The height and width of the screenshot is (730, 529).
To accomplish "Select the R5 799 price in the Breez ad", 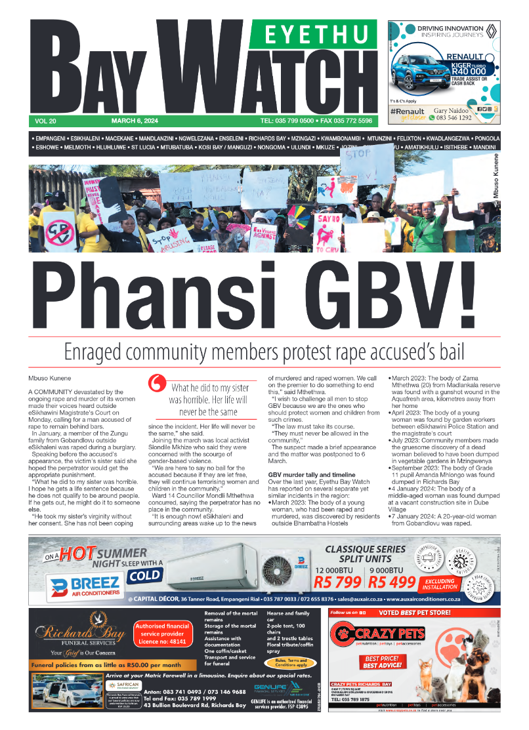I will [339, 581].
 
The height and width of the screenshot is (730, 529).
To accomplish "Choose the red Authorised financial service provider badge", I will [161, 634].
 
